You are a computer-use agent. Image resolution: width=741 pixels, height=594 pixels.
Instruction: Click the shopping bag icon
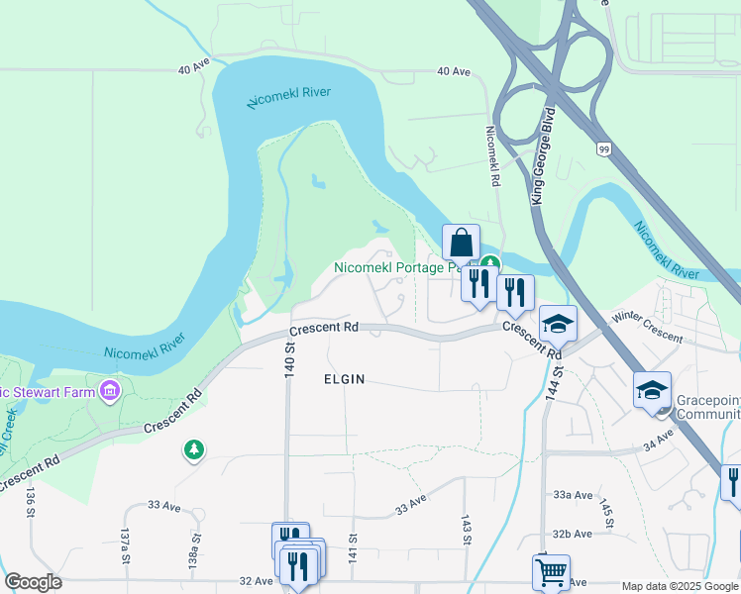point(462,242)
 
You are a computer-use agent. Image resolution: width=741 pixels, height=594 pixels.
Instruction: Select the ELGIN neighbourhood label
point(345,379)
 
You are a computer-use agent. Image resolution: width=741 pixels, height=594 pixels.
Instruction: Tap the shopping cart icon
point(551,571)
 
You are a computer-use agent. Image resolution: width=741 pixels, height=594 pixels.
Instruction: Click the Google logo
point(33,582)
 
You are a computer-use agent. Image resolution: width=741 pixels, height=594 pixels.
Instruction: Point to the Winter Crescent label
point(648,328)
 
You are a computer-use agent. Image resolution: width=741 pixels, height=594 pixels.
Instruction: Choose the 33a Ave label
point(574,495)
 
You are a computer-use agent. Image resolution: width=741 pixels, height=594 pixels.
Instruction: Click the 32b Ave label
point(574,533)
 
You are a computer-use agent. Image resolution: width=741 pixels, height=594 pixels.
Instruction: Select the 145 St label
point(606,513)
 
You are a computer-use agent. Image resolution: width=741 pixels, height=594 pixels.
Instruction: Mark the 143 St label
point(465,529)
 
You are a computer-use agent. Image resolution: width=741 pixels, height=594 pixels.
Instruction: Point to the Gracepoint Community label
point(708,407)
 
